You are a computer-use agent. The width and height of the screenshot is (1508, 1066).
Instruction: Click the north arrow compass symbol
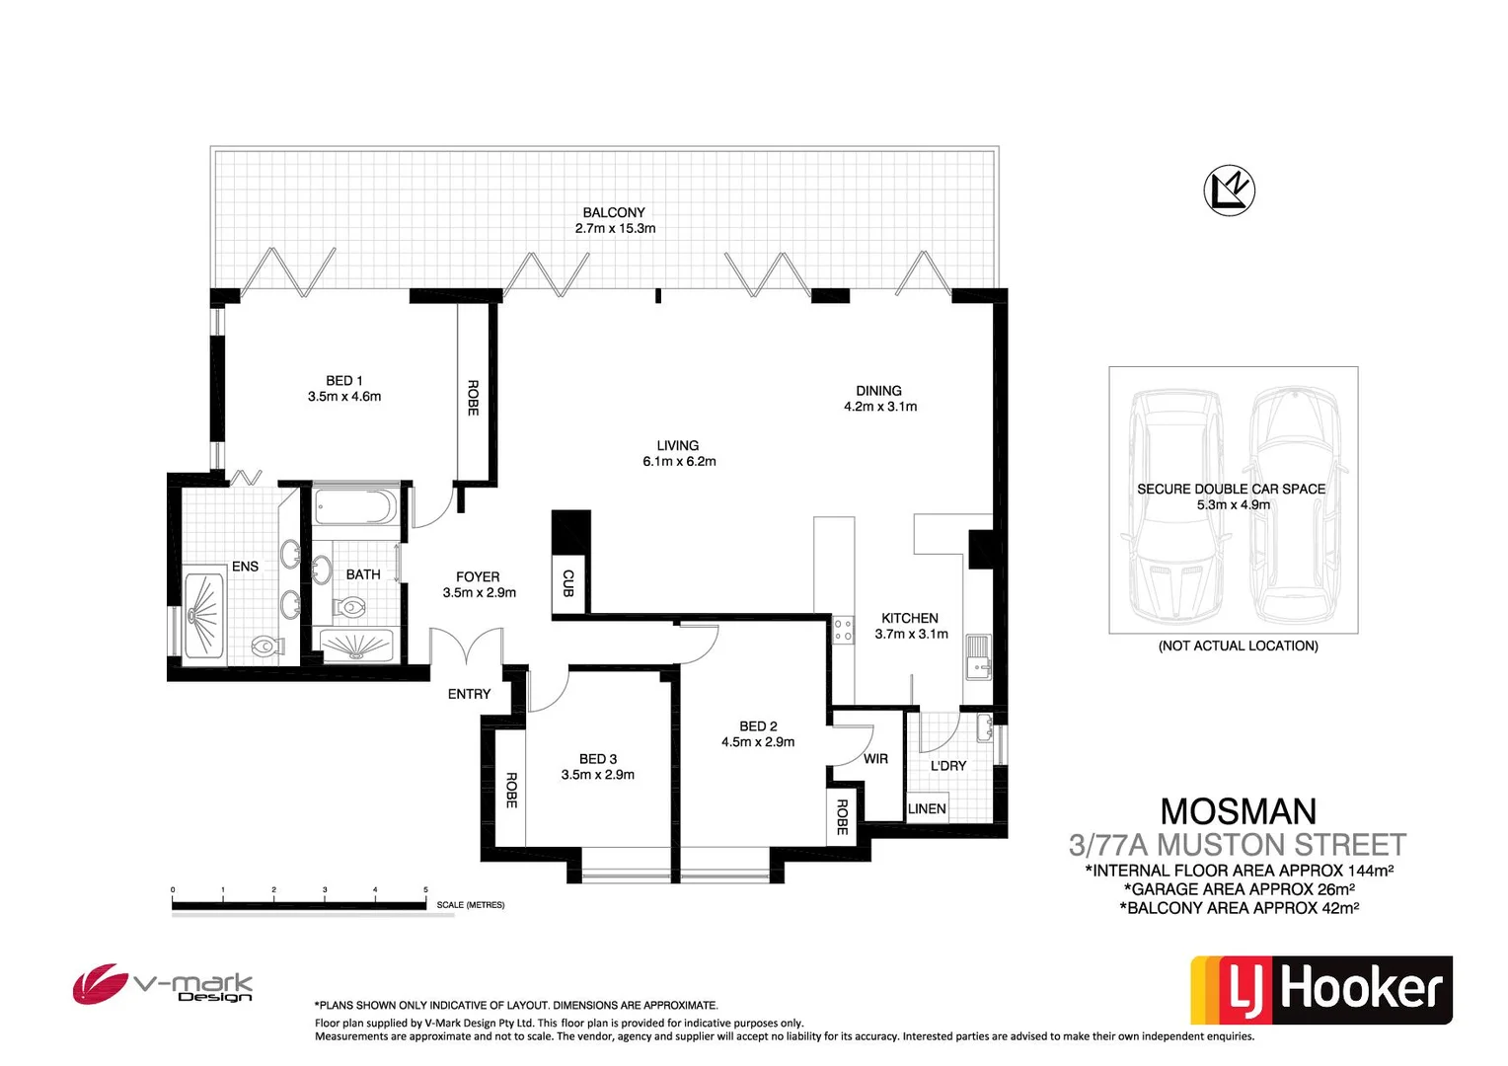click(1229, 190)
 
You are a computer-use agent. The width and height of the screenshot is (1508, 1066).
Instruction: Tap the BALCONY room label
click(614, 212)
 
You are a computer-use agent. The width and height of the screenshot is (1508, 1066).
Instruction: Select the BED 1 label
click(344, 380)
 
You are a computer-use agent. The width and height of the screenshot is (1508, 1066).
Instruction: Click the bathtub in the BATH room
click(355, 508)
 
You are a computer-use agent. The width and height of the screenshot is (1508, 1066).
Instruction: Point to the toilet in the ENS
click(265, 647)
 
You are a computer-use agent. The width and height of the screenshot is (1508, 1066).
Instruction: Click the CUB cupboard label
click(568, 583)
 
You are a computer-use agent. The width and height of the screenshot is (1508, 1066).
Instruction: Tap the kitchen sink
click(977, 656)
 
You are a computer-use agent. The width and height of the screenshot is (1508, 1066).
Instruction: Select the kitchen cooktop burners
click(843, 630)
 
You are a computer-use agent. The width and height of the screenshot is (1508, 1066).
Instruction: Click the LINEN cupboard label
click(927, 808)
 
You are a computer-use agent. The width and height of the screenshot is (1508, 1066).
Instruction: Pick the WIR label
click(875, 759)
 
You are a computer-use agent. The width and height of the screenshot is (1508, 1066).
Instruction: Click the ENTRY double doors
click(467, 649)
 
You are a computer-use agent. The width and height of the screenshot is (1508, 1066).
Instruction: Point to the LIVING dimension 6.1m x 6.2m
click(679, 461)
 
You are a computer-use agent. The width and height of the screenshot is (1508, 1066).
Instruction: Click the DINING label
click(878, 391)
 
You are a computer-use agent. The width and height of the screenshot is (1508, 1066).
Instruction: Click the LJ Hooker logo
click(1321, 989)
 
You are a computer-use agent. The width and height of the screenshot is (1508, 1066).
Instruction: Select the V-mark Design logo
click(163, 985)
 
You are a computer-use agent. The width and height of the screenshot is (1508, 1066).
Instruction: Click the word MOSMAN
click(1238, 811)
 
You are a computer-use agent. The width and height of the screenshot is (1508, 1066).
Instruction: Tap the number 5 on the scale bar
click(426, 890)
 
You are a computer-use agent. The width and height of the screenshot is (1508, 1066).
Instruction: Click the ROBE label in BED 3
click(511, 790)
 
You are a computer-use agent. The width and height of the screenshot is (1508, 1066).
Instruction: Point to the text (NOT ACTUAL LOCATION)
click(1238, 646)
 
